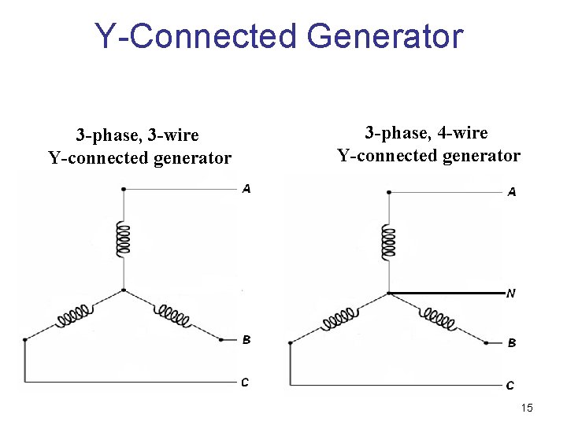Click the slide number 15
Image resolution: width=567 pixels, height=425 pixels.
click(527, 408)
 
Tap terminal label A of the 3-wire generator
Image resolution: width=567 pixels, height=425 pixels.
click(246, 189)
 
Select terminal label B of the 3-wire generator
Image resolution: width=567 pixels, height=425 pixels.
click(246, 340)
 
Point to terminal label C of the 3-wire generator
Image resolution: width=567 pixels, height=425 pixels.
click(245, 382)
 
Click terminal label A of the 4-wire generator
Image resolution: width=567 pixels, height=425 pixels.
click(512, 192)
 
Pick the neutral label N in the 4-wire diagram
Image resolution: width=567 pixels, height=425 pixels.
click(511, 294)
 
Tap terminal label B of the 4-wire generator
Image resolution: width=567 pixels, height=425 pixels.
click(512, 343)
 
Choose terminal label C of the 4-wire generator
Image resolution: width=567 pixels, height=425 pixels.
click(510, 386)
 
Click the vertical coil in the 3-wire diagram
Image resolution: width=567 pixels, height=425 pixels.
click(123, 238)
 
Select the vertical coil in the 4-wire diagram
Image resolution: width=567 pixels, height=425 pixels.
click(388, 242)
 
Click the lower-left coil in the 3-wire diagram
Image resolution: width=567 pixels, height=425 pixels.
click(74, 317)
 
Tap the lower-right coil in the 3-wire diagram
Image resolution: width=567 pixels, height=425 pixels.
click(174, 316)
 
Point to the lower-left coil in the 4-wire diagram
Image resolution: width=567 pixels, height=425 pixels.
click(339, 319)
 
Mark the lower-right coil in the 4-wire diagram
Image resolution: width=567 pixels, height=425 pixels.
click(439, 320)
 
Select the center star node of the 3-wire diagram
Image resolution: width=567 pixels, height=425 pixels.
click(124, 290)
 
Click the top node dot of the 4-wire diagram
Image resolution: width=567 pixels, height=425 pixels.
click(388, 192)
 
